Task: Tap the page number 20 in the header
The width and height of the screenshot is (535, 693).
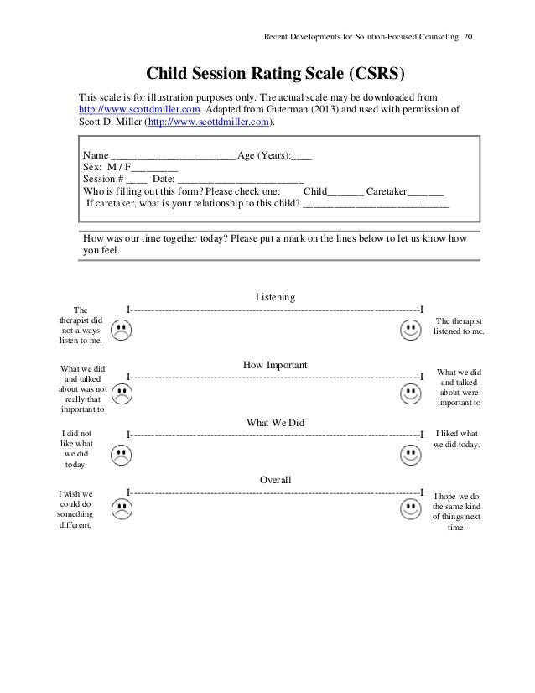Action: pyautogui.click(x=468, y=36)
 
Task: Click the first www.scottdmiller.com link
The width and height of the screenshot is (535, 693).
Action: pyautogui.click(x=138, y=110)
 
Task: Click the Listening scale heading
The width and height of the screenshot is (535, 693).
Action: pyautogui.click(x=274, y=297)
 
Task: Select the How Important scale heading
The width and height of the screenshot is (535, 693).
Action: pyautogui.click(x=275, y=365)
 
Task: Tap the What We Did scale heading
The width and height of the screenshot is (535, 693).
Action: pyautogui.click(x=275, y=423)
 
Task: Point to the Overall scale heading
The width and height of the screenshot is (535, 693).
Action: pyautogui.click(x=275, y=480)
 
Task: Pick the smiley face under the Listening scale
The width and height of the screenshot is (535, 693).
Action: pyautogui.click(x=410, y=332)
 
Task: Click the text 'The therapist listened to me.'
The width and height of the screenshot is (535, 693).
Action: pyautogui.click(x=459, y=326)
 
